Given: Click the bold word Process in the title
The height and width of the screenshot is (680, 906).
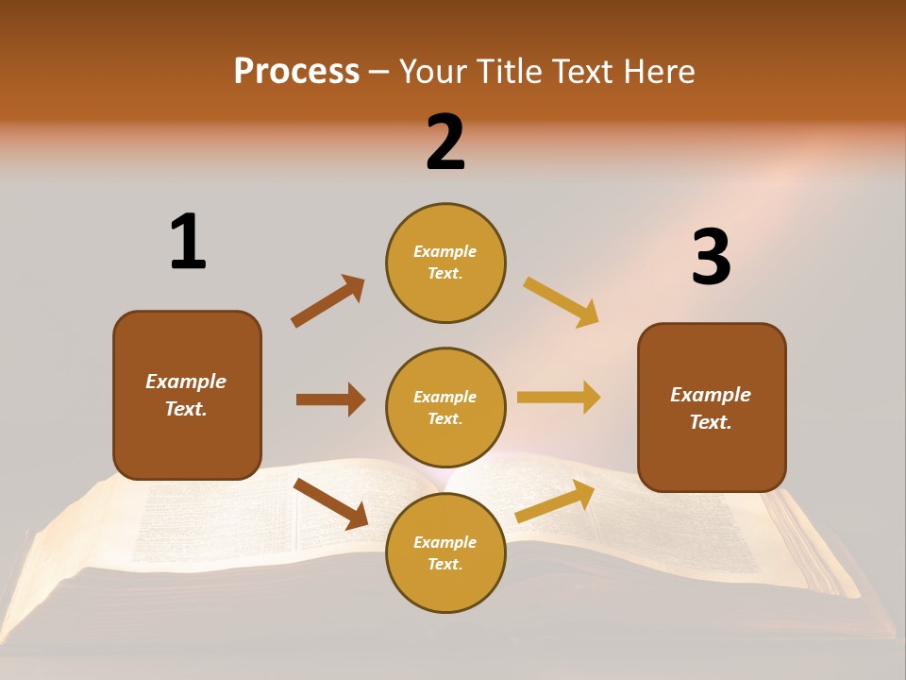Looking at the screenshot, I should point(296,72).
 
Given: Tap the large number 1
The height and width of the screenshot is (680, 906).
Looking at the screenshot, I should point(188,242).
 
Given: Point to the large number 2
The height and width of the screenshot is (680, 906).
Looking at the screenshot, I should point(445,143).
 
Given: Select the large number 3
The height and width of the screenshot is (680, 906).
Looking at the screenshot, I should point(711,257).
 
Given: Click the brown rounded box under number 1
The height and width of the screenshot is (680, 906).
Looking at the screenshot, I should point(187,395).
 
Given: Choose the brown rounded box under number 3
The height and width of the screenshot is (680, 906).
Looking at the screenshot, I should point(712,407).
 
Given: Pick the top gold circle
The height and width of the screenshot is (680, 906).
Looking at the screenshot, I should point(445,263).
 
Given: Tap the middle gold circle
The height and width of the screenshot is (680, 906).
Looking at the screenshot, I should point(445,407).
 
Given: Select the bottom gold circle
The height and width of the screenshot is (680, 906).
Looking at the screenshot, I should point(445,552).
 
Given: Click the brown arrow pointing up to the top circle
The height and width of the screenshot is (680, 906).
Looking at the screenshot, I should point(327,301).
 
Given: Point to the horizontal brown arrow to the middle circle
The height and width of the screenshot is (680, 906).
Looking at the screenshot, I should point(330,399).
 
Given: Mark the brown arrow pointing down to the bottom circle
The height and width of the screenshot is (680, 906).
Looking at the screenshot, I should point(330,503).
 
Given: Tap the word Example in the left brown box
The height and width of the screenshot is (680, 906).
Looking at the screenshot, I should point(186,382).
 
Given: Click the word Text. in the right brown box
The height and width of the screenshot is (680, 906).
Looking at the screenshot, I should point(711,422).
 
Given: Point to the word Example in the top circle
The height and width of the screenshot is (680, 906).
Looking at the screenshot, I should point(445,251).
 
